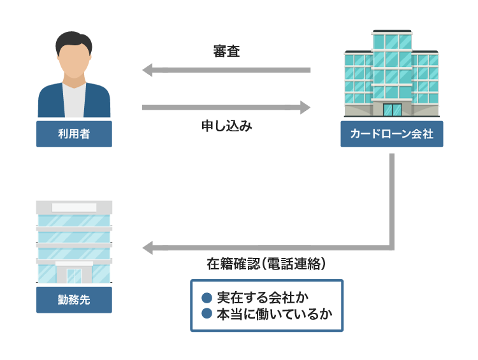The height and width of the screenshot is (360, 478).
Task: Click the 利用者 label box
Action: [x=74, y=134]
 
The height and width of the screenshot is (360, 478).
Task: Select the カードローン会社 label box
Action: [x=391, y=134]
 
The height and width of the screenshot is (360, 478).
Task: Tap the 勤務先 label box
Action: [x=74, y=299]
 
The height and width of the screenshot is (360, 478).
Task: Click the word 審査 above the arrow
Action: [x=226, y=52]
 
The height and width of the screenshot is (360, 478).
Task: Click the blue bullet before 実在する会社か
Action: [x=206, y=298]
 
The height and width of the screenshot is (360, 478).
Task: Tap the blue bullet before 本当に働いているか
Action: [x=206, y=314]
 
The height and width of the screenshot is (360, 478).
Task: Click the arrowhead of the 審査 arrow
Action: [x=147, y=69]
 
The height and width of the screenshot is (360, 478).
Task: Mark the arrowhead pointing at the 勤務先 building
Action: [x=147, y=247]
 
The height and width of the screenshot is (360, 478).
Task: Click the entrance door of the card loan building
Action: [x=392, y=109]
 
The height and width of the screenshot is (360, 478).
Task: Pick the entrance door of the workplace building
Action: [x=74, y=275]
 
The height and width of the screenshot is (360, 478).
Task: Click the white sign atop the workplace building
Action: [x=74, y=207]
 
